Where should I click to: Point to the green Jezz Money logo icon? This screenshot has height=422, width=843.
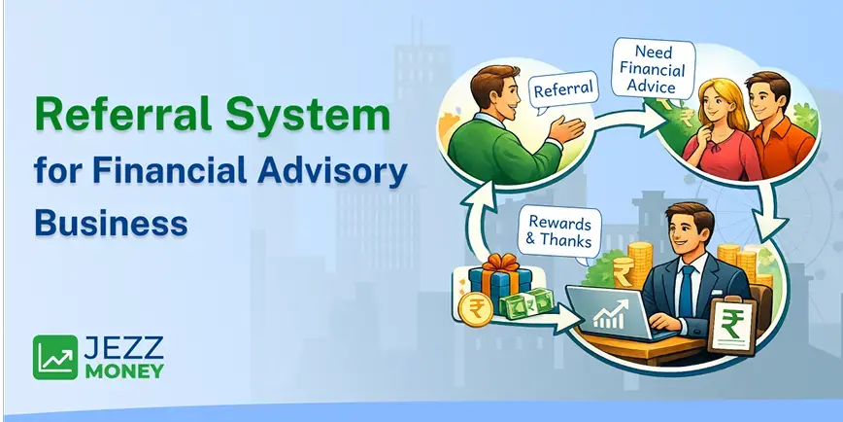pyautogui.click(x=54, y=357)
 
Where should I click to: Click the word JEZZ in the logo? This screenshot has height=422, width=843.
pyautogui.click(x=121, y=347)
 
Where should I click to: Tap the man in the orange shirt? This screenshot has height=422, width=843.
pyautogui.click(x=767, y=126)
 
